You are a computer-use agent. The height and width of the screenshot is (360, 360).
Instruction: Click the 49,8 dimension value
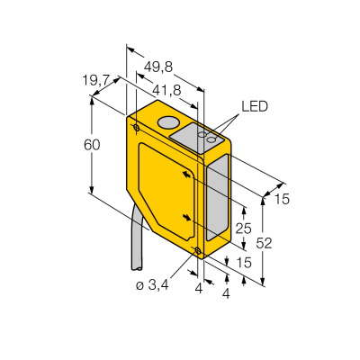[158, 67]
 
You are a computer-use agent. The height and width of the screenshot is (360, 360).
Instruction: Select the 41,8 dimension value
[166, 90]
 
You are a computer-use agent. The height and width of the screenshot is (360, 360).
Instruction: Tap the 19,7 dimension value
[96, 80]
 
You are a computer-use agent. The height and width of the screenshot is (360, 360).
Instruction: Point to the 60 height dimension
[92, 145]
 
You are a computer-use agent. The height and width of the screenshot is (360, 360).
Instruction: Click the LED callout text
[255, 106]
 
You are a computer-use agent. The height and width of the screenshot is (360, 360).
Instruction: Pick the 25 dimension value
[243, 229]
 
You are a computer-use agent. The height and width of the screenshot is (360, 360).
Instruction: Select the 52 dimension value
[264, 244]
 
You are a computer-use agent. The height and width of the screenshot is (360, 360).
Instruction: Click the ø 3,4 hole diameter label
[152, 286]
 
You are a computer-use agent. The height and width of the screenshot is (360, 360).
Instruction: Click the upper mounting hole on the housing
[137, 128]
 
